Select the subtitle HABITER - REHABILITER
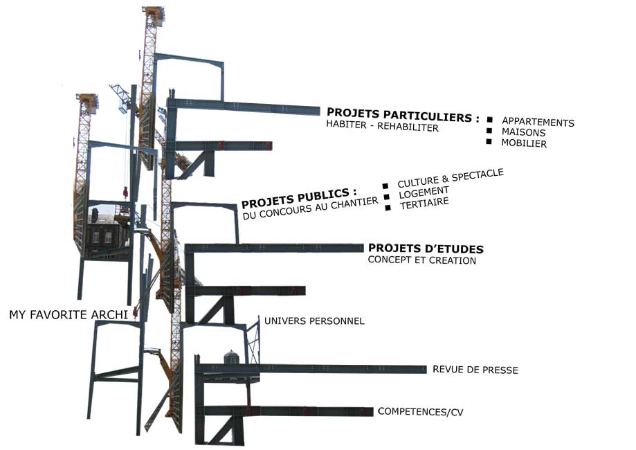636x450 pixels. pos(382,127)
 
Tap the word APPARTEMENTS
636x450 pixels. pos(538,122)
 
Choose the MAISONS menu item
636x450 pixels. pos(524,132)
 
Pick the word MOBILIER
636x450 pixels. pos(524,144)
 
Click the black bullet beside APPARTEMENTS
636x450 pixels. pos(489,120)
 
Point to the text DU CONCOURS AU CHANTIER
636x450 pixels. pos(311,209)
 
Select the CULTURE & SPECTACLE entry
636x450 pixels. pos(450,178)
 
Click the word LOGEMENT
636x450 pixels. pos(424,192)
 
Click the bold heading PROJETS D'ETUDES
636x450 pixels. pos(426,249)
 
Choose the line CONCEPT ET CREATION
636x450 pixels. pos(421,261)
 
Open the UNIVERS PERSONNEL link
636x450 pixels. pos(314,321)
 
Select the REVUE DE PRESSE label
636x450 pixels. pos(475,370)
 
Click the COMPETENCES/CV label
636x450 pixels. pos(421,412)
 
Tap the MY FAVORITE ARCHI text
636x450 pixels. pos(69,315)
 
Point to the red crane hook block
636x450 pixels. pos(126,192)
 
